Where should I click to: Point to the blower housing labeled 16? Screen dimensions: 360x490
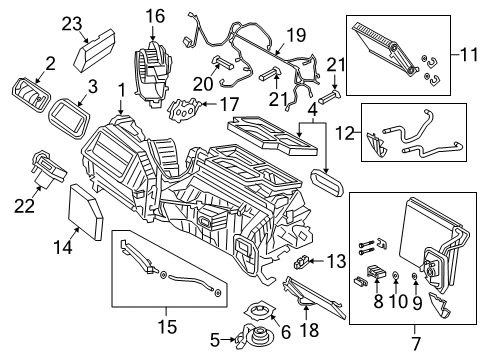click(x=149, y=66)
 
